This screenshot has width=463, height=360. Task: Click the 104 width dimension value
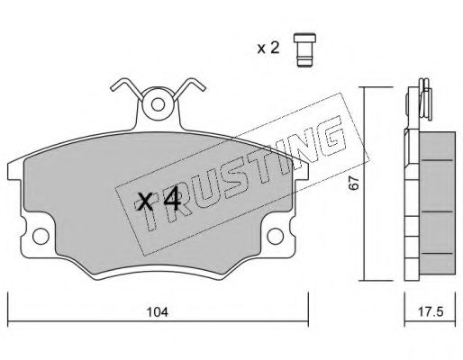coord(158,312)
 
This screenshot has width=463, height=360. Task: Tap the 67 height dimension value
coord(354,183)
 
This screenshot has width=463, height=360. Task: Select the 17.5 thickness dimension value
coord(431,312)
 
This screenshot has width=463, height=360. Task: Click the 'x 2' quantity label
coord(268,49)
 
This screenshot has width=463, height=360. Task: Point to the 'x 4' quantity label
coord(158,202)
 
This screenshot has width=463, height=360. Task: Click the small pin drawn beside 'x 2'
coord(304,49)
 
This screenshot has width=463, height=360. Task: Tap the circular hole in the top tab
coord(158,104)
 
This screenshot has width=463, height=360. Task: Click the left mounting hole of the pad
coord(41,236)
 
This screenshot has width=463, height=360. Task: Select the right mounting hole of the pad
coord(275,236)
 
